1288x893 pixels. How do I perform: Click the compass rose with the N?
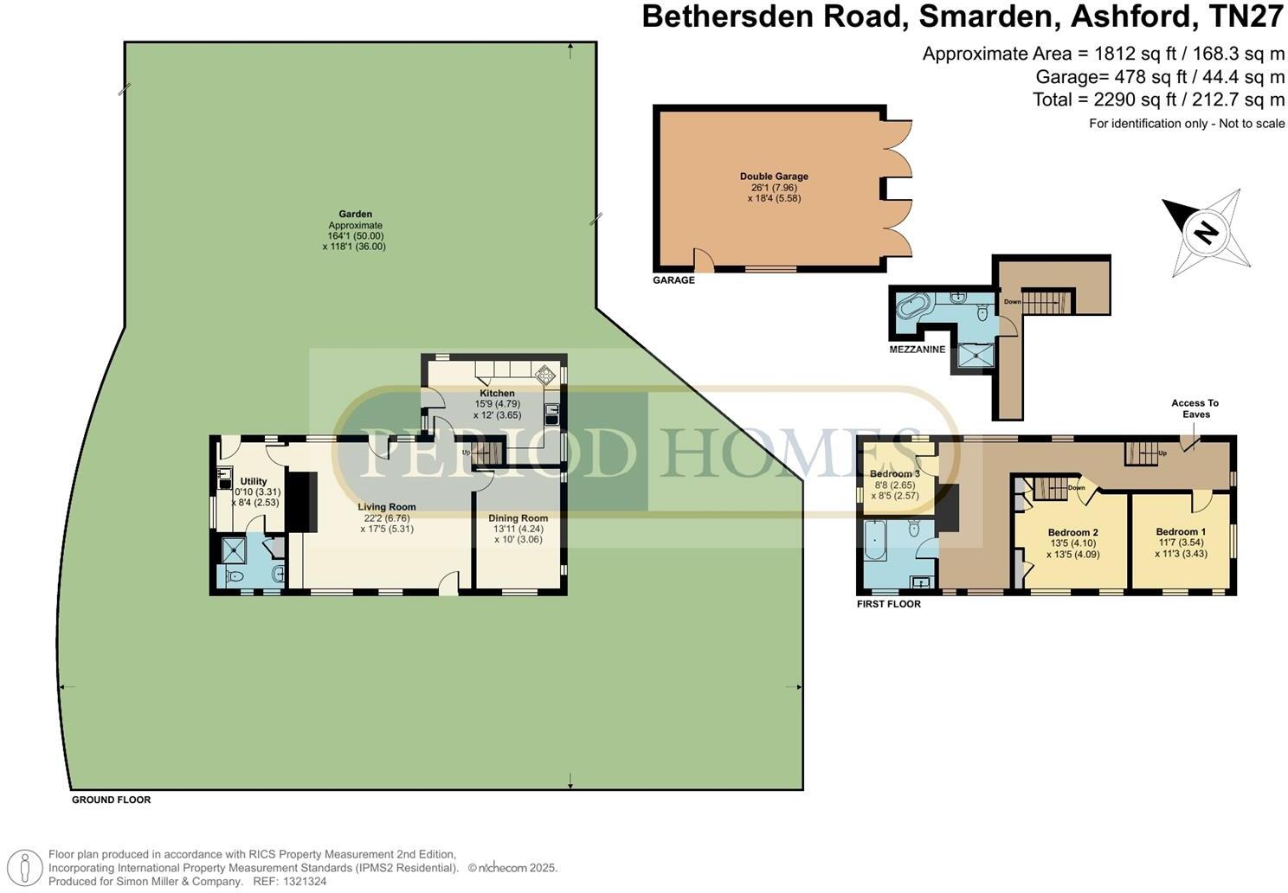tap(1206, 231)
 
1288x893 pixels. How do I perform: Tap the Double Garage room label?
tap(774, 177)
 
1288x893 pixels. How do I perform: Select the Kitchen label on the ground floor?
tap(497, 394)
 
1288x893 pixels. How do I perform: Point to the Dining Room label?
tap(518, 518)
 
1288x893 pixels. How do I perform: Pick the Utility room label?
tap(254, 481)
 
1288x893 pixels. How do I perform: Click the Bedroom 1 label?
tap(1180, 532)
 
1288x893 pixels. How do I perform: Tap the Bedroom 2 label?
tap(1072, 532)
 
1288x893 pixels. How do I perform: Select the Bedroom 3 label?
tap(894, 474)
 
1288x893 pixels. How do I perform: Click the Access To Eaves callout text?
tap(1195, 408)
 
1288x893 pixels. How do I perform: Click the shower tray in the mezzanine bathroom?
tap(976, 355)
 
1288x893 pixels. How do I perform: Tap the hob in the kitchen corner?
tap(545, 375)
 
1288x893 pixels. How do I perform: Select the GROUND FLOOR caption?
tap(111, 800)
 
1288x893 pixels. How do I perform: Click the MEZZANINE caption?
tap(917, 350)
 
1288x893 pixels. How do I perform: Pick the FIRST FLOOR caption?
tap(888, 604)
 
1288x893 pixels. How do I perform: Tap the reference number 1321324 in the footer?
tap(303, 881)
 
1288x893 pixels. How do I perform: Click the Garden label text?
tap(355, 214)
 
